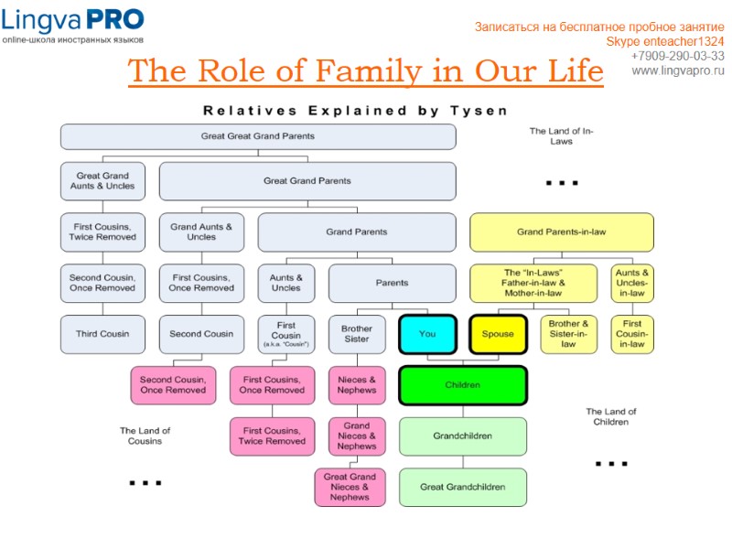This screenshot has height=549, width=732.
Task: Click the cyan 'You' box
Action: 427,334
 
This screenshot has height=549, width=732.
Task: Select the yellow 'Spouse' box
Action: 498,334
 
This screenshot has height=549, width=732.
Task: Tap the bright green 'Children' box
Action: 462,385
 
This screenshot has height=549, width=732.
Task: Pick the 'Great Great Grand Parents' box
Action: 257,136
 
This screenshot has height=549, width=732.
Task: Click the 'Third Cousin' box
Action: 102,334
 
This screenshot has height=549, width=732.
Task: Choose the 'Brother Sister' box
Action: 357,334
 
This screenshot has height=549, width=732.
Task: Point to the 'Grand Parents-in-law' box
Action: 561,232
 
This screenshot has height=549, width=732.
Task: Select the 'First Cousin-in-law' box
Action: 632,334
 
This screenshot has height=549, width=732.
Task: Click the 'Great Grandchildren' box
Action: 462,487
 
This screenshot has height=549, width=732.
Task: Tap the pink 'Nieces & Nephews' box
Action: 357,385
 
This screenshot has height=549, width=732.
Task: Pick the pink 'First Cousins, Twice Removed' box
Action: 272,436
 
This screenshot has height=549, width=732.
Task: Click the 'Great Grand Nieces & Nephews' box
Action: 350,487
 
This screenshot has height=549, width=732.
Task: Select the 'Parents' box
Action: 392,283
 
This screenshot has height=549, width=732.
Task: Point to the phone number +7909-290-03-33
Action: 677,56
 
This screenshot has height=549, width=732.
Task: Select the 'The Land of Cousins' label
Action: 145,436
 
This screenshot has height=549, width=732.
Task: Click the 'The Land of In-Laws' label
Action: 561,136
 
